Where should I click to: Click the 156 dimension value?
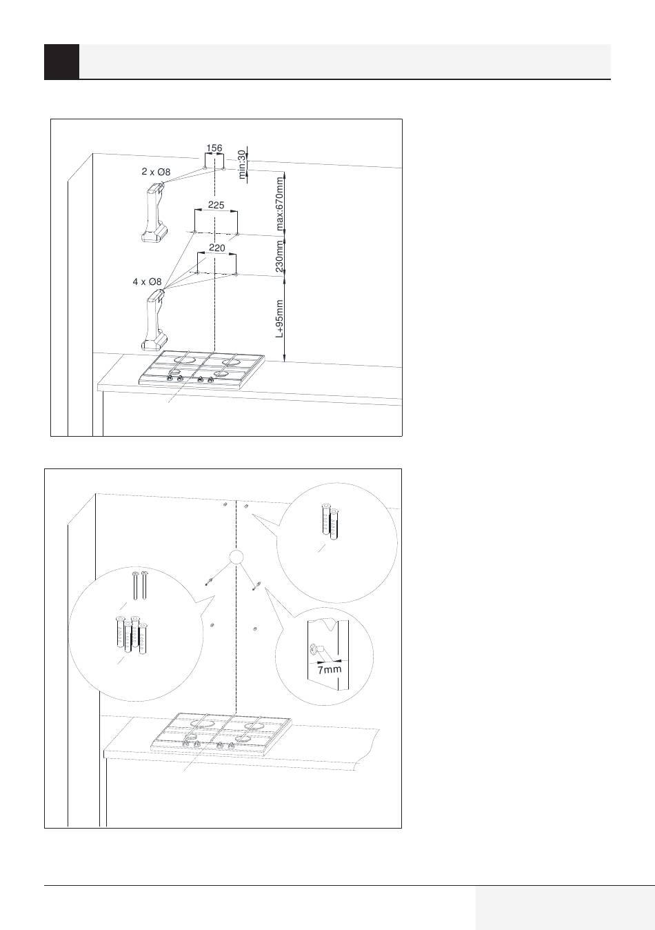point(214,148)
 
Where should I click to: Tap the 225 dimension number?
point(216,205)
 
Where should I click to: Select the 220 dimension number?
point(216,248)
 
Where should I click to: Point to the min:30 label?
point(242,164)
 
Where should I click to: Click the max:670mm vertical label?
point(280,204)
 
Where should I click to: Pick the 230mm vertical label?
point(280,256)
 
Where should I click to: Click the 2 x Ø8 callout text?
point(156,172)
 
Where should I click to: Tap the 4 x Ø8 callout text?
point(147,281)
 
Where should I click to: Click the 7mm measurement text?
point(330,669)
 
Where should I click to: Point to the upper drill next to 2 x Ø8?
point(154,212)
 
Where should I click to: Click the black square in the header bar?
point(61,61)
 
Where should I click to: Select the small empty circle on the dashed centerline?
point(236,557)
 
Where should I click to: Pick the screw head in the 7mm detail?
point(314,649)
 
